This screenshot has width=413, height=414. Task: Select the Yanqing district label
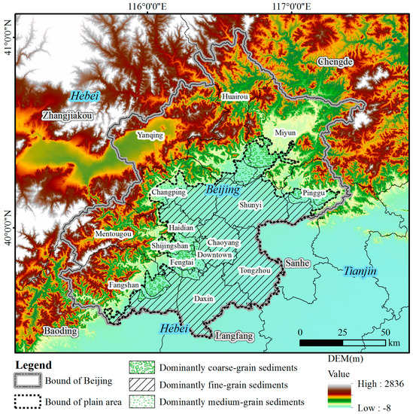152,135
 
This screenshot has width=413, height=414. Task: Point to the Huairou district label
236,96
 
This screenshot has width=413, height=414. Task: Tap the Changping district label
169,193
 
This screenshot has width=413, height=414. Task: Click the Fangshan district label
123,286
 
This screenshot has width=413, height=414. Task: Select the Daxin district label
204,299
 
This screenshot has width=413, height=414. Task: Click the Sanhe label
294,263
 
